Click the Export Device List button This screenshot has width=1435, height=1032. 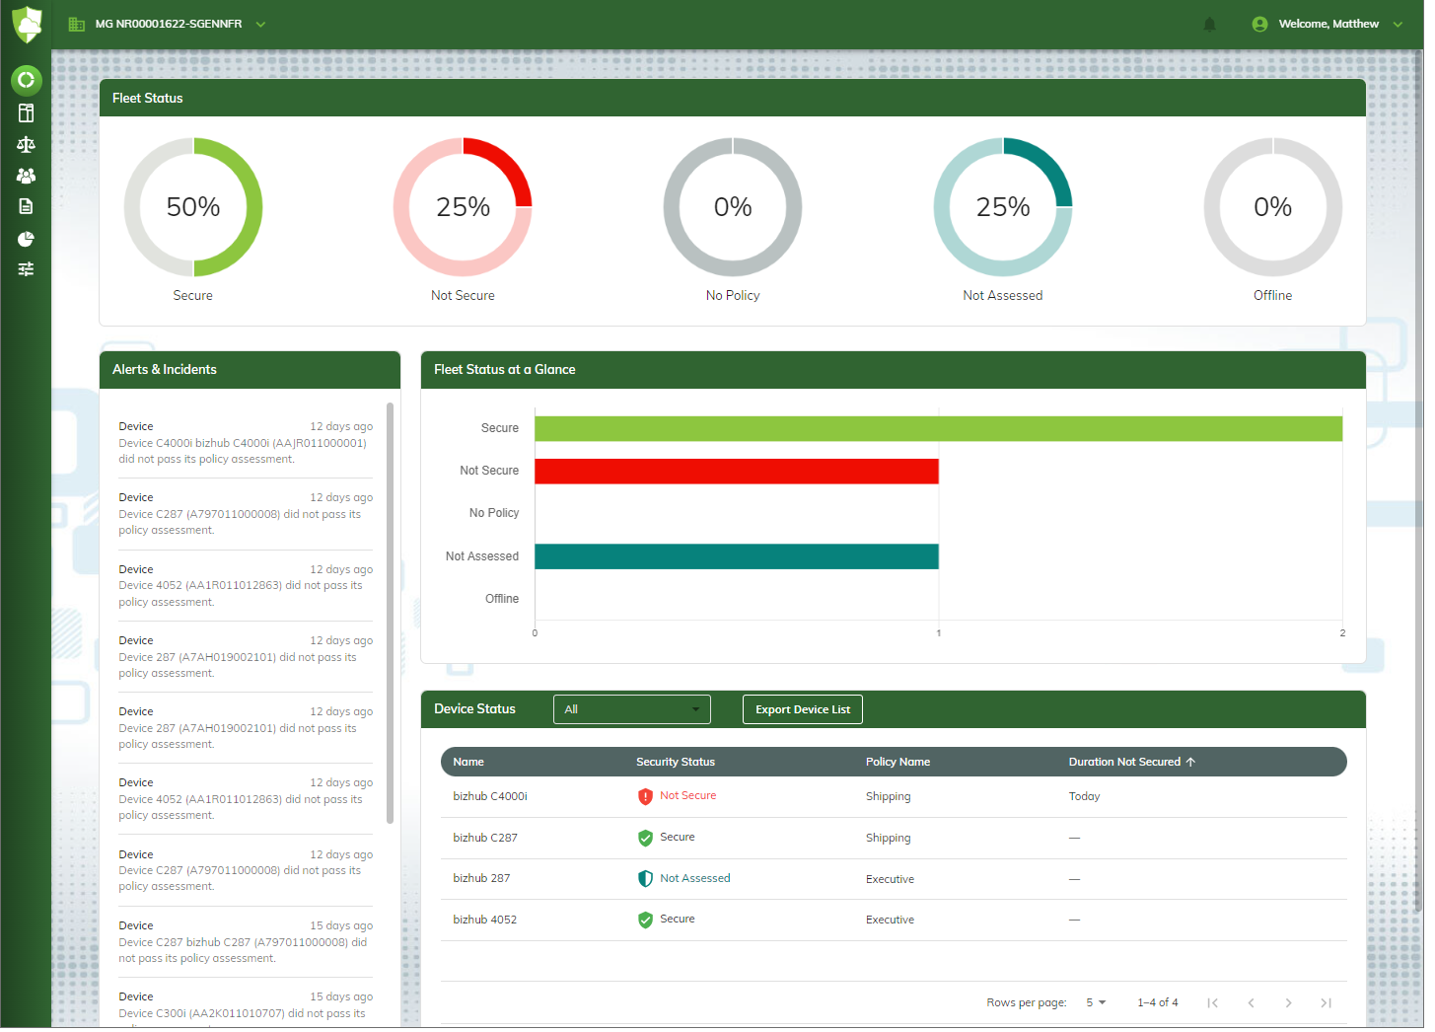tap(802, 709)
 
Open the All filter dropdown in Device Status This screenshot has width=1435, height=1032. tap(631, 709)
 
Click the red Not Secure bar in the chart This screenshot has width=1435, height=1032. tap(736, 471)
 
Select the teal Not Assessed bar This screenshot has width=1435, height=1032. tap(736, 556)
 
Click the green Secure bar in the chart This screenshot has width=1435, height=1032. tap(937, 428)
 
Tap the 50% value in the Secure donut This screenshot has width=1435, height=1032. tap(193, 207)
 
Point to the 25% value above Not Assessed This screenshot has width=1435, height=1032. tap(1002, 207)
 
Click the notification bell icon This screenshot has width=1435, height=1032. tap(1209, 25)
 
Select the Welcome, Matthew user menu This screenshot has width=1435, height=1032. tap(1327, 25)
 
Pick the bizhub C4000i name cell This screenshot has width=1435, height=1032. tap(490, 796)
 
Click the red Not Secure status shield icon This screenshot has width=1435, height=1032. tap(645, 796)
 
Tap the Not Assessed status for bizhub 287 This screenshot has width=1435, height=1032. tap(694, 878)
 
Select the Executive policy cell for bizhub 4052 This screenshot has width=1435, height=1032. tap(890, 920)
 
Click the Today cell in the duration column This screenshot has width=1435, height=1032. tap(1084, 796)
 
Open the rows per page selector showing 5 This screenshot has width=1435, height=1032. tap(1096, 1002)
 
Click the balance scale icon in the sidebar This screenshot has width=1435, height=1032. tap(26, 144)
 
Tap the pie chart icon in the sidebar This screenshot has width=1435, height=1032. tap(26, 239)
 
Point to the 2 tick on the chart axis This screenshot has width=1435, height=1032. tap(1342, 633)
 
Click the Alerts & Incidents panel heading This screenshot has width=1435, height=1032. tap(165, 369)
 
